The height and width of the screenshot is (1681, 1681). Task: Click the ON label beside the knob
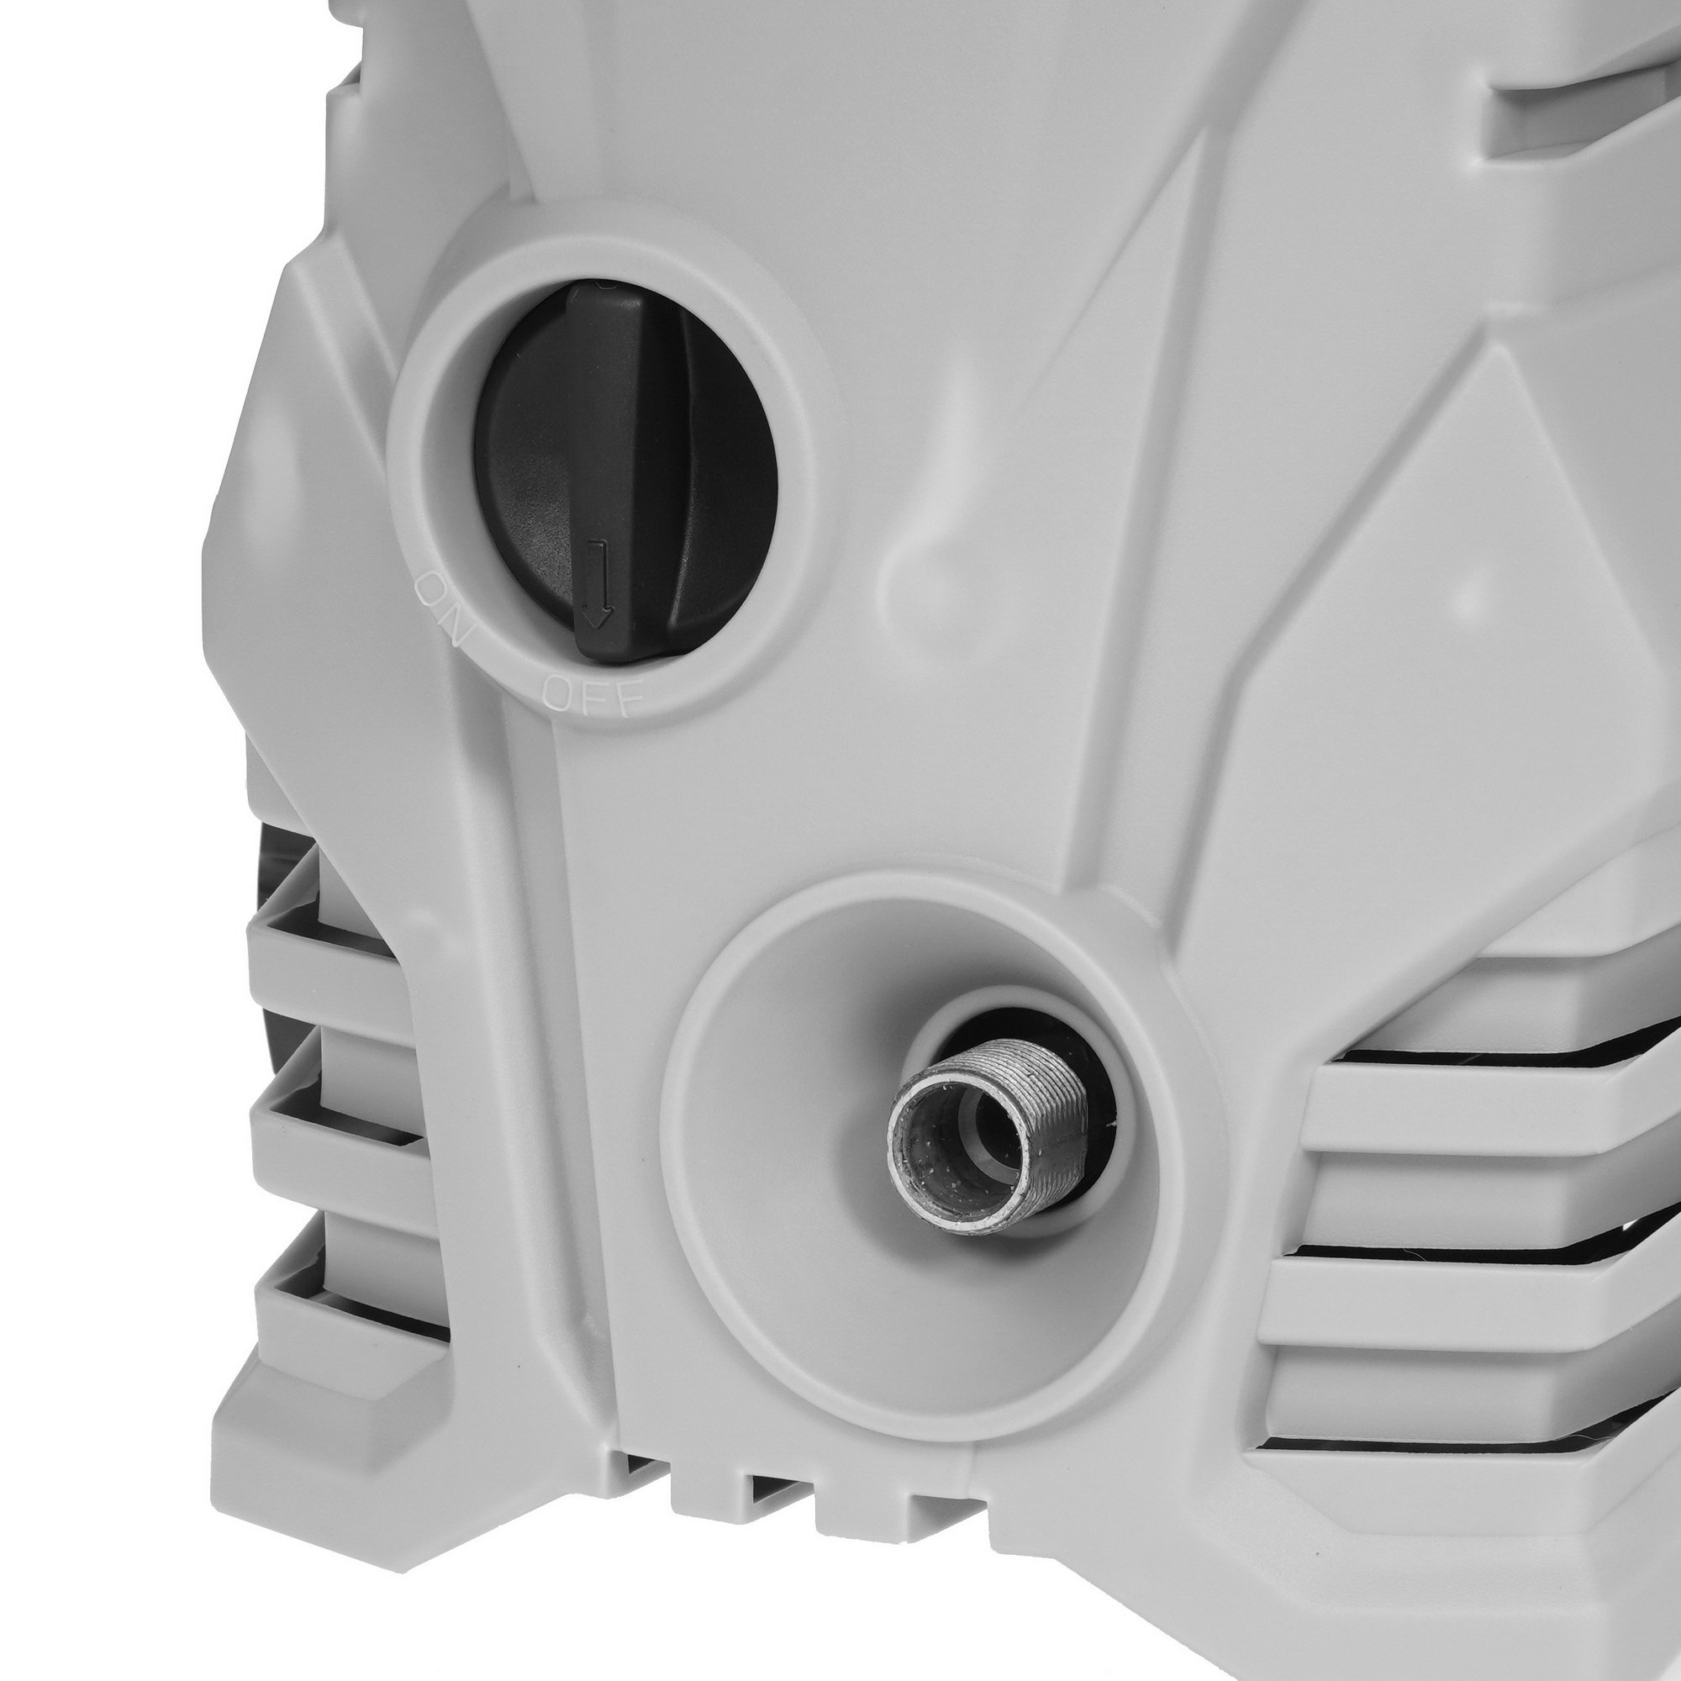click(445, 607)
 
